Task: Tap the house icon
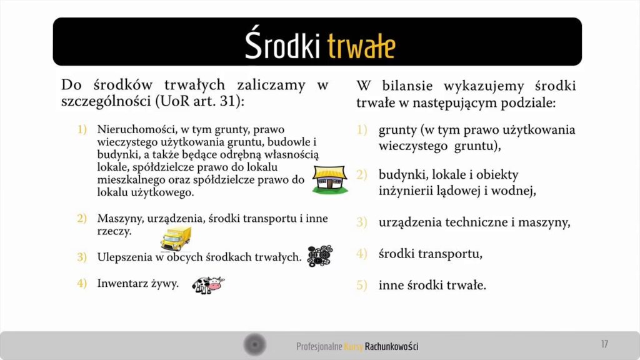pos(329,180)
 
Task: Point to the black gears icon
pos(320,256)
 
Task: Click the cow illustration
pos(207,285)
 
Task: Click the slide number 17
pos(604,344)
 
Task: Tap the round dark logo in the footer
pos(254,344)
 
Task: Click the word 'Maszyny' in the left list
pos(119,219)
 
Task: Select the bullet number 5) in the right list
pos(362,286)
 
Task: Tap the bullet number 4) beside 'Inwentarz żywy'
pos(82,283)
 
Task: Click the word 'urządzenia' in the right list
pos(408,222)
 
